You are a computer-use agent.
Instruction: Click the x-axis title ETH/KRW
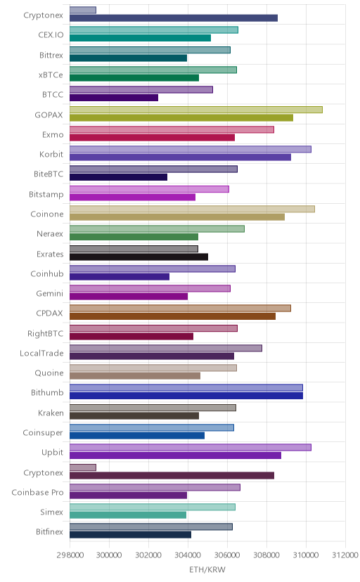coord(207,569)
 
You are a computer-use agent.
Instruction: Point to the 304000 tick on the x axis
coord(188,555)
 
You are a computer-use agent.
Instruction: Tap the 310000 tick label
coord(306,555)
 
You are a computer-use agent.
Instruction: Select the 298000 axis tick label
coord(70,555)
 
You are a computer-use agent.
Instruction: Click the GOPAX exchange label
coord(49,115)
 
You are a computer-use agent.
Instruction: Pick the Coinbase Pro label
coord(37,492)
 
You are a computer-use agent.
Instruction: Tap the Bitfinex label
coord(49,531)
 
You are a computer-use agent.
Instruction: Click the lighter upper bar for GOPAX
coord(196,110)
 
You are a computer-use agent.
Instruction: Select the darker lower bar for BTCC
coord(114,98)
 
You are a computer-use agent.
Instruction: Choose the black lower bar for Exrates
coord(139,257)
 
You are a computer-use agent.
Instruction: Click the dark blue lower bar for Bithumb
coord(186,396)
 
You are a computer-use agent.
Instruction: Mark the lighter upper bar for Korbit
coord(191,149)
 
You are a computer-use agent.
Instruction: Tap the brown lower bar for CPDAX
coord(172,316)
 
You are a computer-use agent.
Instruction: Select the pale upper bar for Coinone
coord(192,209)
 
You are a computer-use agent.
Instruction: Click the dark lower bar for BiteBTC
coord(118,177)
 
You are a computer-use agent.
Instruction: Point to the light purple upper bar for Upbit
coord(191,447)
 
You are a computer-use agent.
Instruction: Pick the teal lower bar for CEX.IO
coord(141,38)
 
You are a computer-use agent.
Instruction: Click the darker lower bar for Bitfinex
coord(130,534)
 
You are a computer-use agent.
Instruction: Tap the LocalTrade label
coord(41,353)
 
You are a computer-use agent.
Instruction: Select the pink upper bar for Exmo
coord(172,129)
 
